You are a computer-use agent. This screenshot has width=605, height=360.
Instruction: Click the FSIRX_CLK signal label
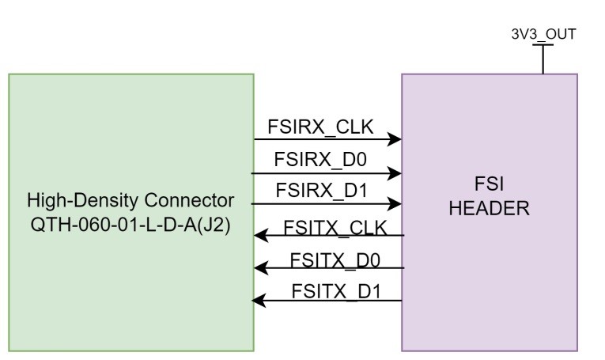click(x=320, y=127)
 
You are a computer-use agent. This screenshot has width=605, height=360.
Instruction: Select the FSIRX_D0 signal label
click(x=320, y=158)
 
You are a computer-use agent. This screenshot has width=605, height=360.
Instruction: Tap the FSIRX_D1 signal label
click(x=320, y=191)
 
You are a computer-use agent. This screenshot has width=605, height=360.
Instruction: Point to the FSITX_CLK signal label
click(x=335, y=228)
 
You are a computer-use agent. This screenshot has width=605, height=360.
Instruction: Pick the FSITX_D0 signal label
click(x=335, y=260)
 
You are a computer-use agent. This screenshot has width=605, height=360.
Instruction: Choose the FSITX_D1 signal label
click(x=335, y=290)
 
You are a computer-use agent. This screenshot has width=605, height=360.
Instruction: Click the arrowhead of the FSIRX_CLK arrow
click(x=395, y=140)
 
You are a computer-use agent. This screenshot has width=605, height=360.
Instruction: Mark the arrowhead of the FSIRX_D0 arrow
click(x=395, y=172)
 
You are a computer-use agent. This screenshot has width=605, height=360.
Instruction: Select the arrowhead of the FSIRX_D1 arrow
click(x=395, y=204)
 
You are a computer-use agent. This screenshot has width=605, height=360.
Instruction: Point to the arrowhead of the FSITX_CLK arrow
click(x=259, y=236)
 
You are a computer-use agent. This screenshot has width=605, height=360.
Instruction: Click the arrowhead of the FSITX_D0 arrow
click(x=259, y=268)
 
